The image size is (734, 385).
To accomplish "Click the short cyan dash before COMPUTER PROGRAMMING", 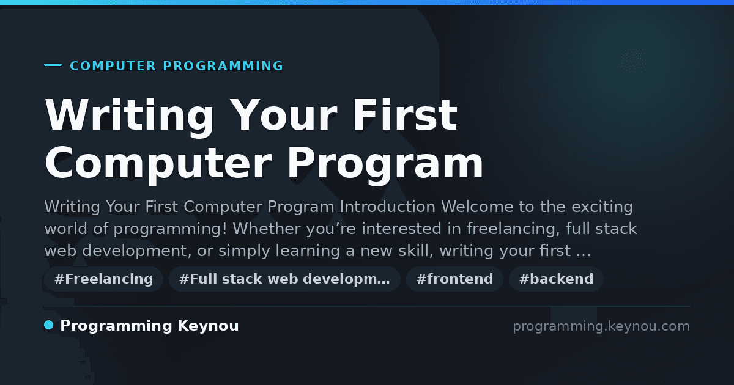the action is pyautogui.click(x=53, y=65).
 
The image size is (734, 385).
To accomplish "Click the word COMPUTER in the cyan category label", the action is pyautogui.click(x=113, y=66).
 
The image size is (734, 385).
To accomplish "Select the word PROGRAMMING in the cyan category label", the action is pyautogui.click(x=223, y=66).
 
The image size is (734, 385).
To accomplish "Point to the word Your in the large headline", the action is pyautogui.click(x=283, y=115).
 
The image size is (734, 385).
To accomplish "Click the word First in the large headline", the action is pyautogui.click(x=405, y=115).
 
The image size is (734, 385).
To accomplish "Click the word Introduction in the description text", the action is pyautogui.click(x=387, y=207).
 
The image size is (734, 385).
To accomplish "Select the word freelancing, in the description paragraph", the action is pyautogui.click(x=513, y=229).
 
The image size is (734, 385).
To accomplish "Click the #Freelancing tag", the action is pyautogui.click(x=103, y=279).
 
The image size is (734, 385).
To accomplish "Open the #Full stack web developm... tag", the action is pyautogui.click(x=284, y=279).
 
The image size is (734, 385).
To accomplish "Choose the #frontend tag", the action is pyautogui.click(x=454, y=279).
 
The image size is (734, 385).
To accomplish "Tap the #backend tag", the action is pyautogui.click(x=556, y=279).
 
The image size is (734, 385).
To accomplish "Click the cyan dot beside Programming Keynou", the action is pyautogui.click(x=48, y=325).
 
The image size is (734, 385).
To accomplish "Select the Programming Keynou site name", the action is pyautogui.click(x=149, y=326).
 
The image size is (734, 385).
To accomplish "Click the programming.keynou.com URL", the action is pyautogui.click(x=601, y=326).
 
